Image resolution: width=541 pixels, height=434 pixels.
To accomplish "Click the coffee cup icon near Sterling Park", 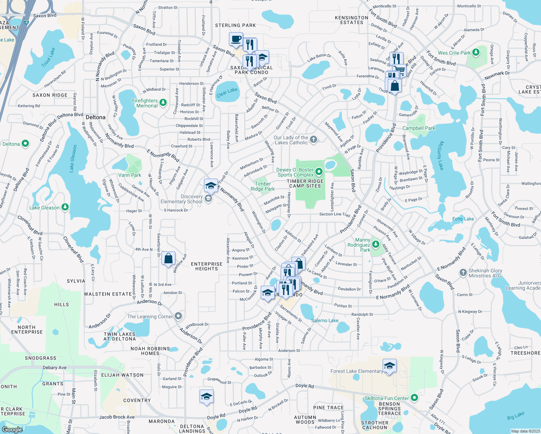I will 236,39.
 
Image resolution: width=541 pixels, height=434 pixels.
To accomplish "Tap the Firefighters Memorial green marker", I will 163,103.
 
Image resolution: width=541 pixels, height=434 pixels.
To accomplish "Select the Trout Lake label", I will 48,58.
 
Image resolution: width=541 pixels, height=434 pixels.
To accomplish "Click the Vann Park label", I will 129,175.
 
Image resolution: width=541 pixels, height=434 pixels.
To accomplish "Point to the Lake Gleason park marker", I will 65,207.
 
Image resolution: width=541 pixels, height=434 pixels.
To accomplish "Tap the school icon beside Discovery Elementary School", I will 210,186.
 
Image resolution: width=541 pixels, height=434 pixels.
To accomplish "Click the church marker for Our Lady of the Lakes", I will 314,139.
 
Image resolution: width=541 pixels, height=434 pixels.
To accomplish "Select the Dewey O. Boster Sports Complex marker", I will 319,171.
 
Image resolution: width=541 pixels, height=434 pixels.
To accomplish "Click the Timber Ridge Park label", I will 263,186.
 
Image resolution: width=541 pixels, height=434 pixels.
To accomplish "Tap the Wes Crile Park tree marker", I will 476,52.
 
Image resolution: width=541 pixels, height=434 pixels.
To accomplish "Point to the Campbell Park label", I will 419,128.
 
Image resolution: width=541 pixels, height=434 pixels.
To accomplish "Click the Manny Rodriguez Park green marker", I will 375,244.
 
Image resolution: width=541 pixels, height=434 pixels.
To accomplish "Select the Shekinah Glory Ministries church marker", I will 463,273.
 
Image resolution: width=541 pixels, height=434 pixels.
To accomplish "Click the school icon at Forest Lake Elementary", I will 389,366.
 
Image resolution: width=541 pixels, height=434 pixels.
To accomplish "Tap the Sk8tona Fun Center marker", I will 415,398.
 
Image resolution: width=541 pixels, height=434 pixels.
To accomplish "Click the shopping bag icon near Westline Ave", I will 168,259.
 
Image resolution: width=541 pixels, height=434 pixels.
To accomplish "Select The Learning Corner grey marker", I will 178,316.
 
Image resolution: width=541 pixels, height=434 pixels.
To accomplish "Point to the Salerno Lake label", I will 325,320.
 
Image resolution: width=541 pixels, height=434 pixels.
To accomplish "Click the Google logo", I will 12,430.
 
